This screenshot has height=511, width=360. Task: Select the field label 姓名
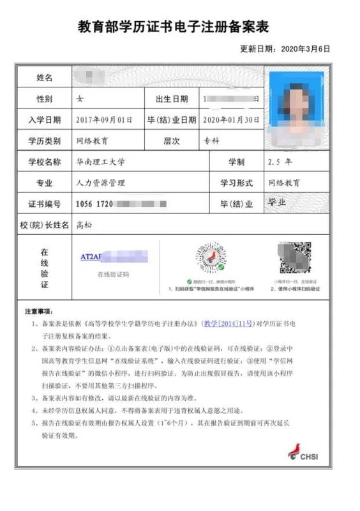[44, 78]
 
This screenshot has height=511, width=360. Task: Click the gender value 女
[80, 99]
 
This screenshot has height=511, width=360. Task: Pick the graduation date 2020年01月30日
[230, 119]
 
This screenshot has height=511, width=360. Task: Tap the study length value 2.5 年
[280, 162]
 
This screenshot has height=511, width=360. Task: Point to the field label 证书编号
[44, 204]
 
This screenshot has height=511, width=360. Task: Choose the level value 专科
[211, 141]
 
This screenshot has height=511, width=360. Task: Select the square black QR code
[293, 258]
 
